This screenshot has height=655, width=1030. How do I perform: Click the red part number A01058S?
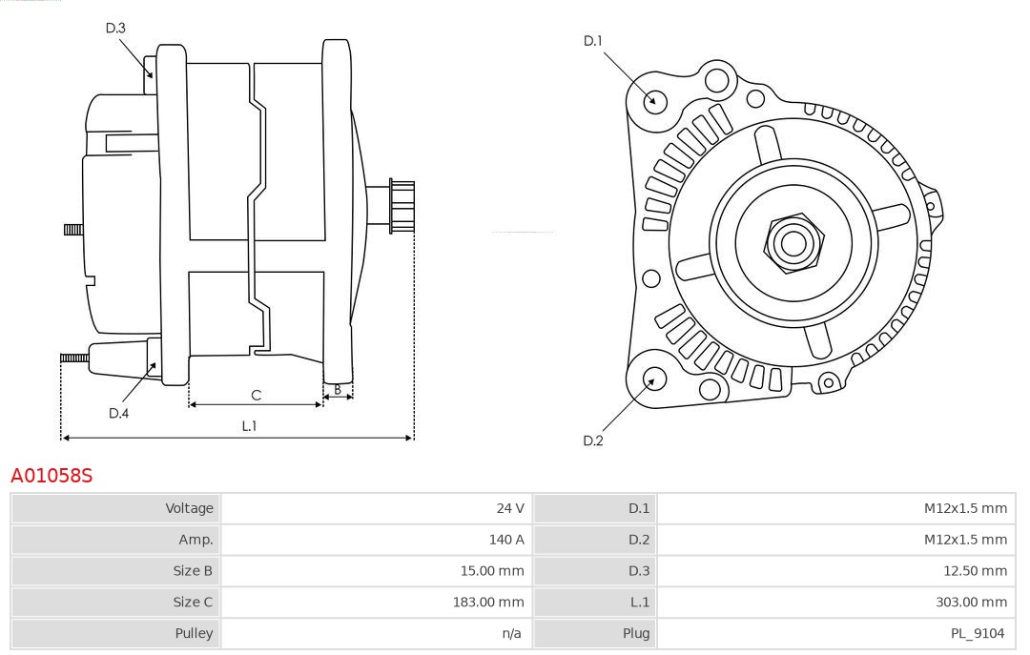(51, 475)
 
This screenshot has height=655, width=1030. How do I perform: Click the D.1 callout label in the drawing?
(593, 41)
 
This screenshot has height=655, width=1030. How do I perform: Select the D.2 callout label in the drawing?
(593, 440)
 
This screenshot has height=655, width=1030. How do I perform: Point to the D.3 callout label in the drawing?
(115, 29)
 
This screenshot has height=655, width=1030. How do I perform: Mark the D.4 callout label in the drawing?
(118, 413)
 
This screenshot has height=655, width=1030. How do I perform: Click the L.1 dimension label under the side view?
(249, 426)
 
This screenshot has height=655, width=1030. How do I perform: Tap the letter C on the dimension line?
(256, 395)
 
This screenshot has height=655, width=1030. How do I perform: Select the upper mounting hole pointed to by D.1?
(655, 100)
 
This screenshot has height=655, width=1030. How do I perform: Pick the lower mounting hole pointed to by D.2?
(652, 379)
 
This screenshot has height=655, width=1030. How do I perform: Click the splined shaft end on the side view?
(401, 206)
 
